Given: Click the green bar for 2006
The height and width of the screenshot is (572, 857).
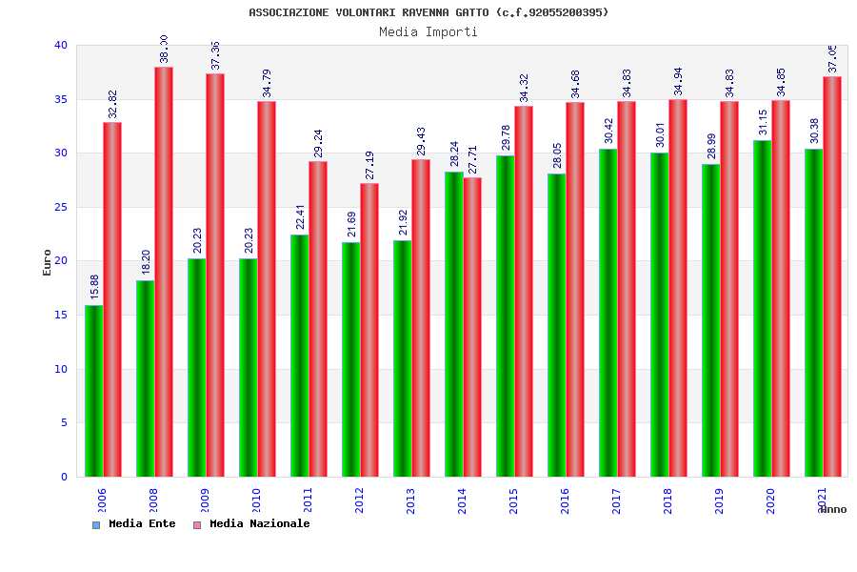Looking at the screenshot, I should click(x=93, y=391).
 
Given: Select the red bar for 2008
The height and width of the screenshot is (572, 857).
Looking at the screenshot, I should click(x=164, y=272).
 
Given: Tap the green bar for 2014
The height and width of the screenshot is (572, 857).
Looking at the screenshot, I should click(x=453, y=324).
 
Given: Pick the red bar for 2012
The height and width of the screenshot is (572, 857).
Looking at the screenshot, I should click(x=369, y=330).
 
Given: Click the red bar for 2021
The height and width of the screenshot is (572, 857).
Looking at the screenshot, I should click(x=832, y=276).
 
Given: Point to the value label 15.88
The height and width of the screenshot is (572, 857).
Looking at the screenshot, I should click(x=94, y=287).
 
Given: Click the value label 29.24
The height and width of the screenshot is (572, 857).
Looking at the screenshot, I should click(x=319, y=144).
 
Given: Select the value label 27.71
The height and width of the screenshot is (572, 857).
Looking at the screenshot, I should click(x=473, y=160).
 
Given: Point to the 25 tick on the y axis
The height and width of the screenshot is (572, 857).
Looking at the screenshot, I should click(x=61, y=207).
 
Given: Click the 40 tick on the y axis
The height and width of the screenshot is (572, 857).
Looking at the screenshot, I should click(x=61, y=45).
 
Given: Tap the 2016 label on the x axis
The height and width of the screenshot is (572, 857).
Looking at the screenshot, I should click(x=566, y=500).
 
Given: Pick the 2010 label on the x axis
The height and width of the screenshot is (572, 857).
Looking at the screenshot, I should click(x=257, y=500).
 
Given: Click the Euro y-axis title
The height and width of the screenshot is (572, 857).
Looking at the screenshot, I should click(x=48, y=261).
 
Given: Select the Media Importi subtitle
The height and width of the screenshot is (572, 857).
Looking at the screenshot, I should click(x=428, y=31).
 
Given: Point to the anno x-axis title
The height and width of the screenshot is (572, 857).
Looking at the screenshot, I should click(x=832, y=509).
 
